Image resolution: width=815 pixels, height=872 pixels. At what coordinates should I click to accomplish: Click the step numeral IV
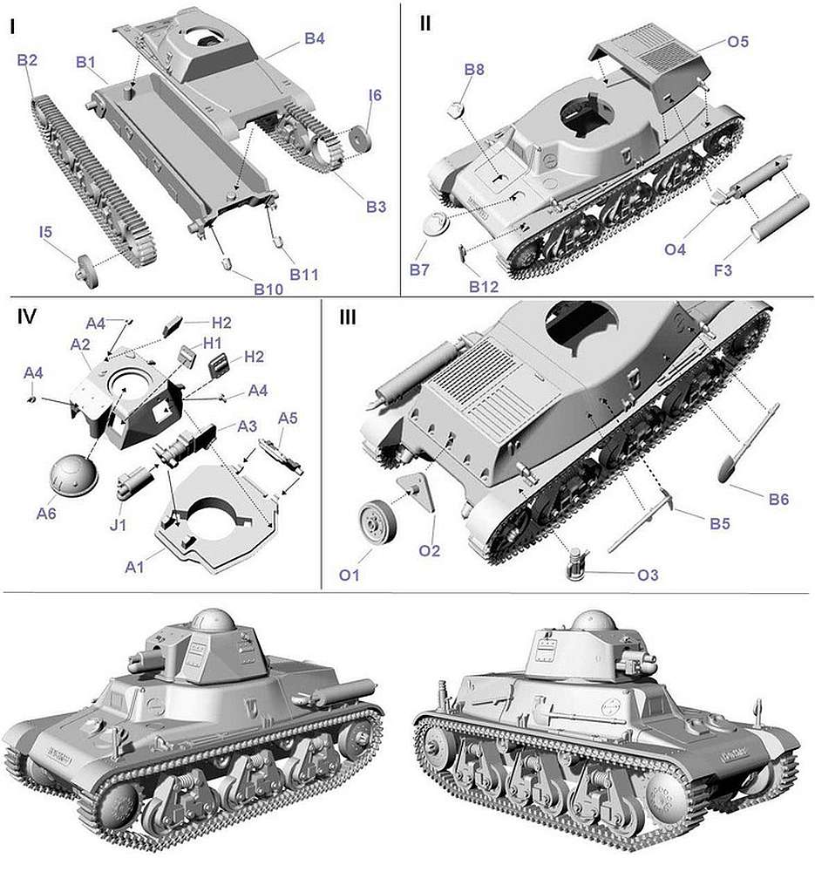(x=26, y=317)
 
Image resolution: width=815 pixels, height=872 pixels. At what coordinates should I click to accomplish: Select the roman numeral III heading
(x=348, y=317)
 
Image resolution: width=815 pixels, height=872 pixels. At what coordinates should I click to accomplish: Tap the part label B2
(x=27, y=60)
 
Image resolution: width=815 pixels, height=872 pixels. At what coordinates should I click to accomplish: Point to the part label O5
(x=737, y=42)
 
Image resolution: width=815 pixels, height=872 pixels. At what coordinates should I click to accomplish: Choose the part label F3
(x=723, y=271)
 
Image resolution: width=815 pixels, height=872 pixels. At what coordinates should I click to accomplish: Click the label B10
(x=268, y=290)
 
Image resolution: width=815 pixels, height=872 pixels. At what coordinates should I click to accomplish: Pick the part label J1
(x=118, y=524)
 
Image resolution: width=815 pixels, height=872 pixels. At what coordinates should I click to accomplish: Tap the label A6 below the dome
(x=46, y=513)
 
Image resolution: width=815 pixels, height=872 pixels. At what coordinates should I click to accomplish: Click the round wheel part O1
(x=377, y=520)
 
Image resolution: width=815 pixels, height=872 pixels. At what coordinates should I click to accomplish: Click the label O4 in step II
(x=675, y=249)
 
